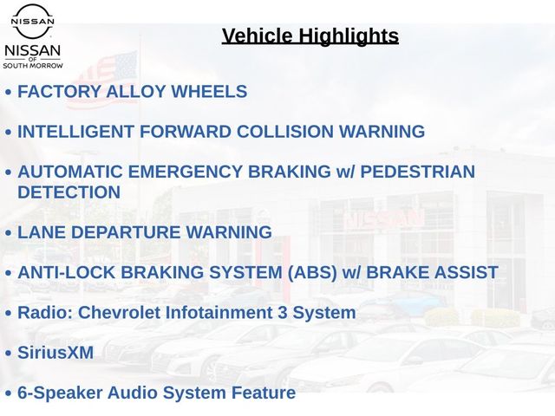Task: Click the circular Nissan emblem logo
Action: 33,21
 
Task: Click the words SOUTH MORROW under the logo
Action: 33,66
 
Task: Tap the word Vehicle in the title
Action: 258,36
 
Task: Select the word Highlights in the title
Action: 349,36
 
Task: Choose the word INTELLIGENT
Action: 75,132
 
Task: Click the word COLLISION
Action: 285,132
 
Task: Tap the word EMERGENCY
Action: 185,172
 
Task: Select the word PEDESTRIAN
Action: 418,172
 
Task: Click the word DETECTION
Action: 69,192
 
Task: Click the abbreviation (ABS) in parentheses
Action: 312,273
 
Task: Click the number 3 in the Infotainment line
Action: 282,313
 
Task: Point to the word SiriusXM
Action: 55,353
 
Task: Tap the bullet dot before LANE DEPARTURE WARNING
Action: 9,233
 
